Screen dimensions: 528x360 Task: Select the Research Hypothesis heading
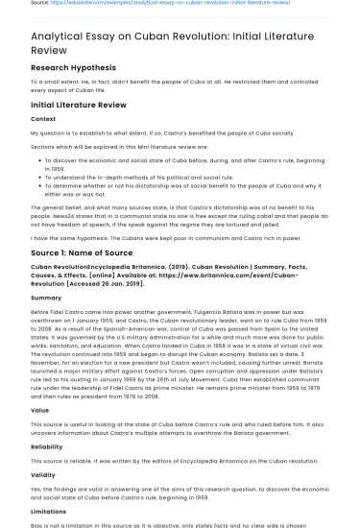76,68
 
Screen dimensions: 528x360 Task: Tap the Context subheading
43,118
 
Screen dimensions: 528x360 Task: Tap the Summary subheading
46,298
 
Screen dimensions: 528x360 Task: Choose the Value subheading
40,409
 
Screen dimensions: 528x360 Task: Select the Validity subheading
43,475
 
